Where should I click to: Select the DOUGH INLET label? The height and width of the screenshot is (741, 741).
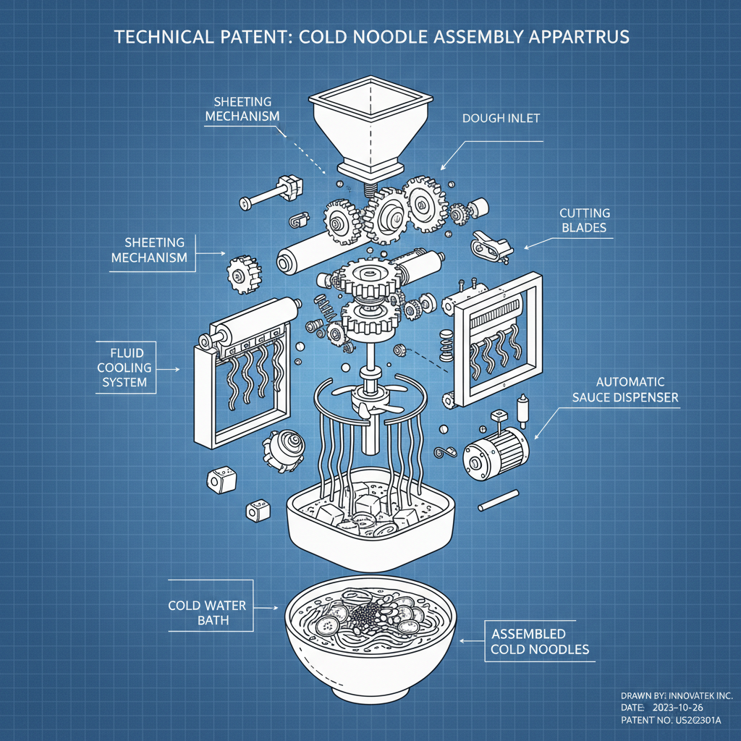501,118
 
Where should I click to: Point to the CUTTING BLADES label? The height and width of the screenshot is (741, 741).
584,220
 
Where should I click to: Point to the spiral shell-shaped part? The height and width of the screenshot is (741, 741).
281,450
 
